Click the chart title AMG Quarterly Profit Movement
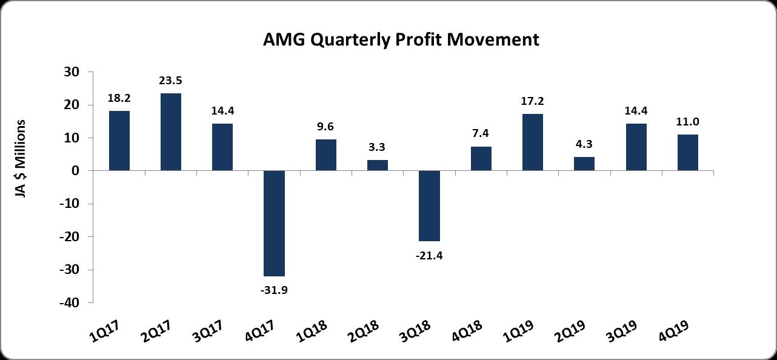(401, 40)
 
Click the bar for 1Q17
(119, 141)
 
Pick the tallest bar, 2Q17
(171, 132)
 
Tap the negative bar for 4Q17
(275, 223)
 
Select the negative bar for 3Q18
(430, 206)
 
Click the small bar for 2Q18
(378, 165)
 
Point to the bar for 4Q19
(688, 153)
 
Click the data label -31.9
(275, 290)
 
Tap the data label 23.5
(171, 80)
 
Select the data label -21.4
(430, 255)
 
